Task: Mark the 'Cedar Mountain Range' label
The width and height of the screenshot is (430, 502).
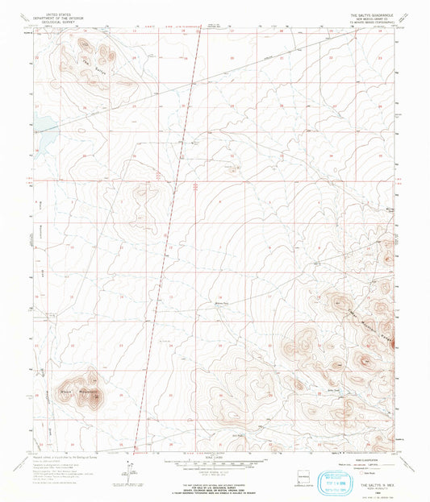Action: click(x=370, y=315)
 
